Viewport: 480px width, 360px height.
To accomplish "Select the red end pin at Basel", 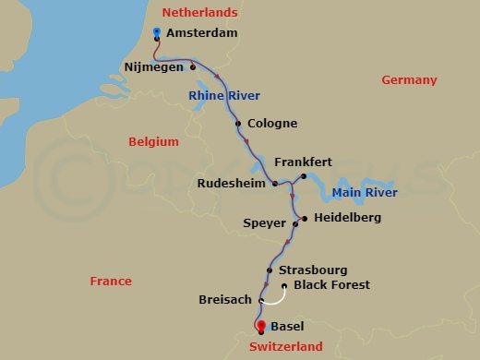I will [x=260, y=325].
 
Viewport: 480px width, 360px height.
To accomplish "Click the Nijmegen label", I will [x=154, y=66].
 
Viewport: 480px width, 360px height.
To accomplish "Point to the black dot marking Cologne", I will [x=238, y=124].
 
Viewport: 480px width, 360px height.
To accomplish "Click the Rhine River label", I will [x=224, y=96].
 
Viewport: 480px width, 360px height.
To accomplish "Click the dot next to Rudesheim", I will [x=275, y=184].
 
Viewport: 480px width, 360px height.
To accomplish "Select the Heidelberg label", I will [x=347, y=218].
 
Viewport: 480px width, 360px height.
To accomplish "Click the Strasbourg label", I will [x=313, y=270].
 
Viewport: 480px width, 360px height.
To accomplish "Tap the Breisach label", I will [x=226, y=300].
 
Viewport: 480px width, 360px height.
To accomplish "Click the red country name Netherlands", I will [x=199, y=12].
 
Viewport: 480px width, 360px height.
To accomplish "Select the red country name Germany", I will [x=409, y=80].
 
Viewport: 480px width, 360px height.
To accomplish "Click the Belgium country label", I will [x=152, y=141].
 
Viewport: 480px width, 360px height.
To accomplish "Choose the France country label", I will [x=111, y=281].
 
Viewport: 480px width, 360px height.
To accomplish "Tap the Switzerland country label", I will [x=285, y=347].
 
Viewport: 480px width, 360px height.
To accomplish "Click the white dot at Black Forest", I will [x=283, y=286].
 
